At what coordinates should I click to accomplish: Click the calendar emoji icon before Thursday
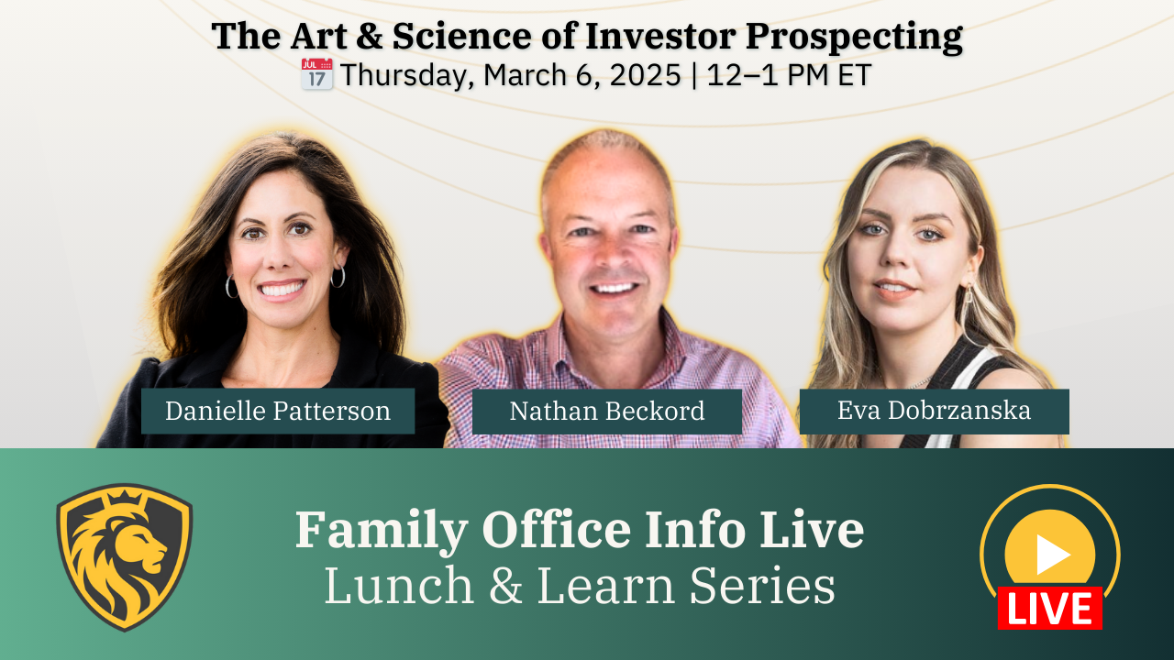pos(316,74)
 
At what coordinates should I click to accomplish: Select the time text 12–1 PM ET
pos(789,75)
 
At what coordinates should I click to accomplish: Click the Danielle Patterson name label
pos(277,411)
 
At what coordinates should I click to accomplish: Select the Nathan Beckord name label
pos(606,411)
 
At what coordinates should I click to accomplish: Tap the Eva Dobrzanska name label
pos(934,410)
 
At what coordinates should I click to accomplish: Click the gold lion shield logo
pos(124,556)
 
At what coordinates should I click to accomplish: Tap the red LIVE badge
pos(1049,609)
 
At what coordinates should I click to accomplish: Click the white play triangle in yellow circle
pos(1052,554)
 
